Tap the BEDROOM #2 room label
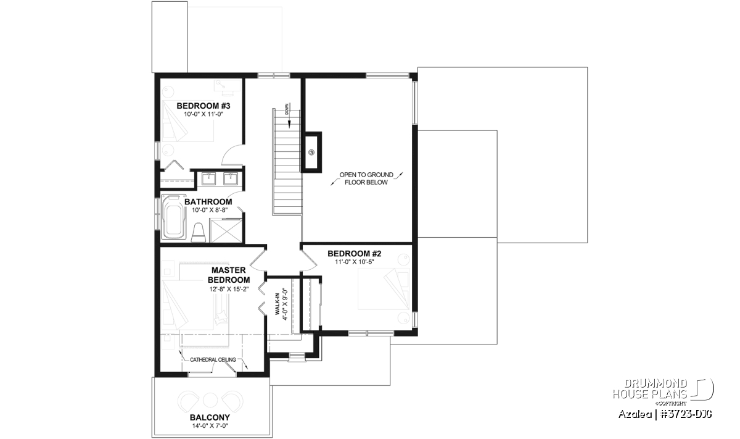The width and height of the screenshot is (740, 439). [354, 254]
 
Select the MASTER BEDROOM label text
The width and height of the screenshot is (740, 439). [229, 275]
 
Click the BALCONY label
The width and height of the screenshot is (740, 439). [210, 417]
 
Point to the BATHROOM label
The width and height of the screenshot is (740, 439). [208, 202]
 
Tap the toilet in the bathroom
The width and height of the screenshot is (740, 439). [198, 232]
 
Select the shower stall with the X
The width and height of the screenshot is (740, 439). [226, 230]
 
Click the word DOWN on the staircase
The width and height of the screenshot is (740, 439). [286, 109]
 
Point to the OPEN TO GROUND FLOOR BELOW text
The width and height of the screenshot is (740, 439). [366, 178]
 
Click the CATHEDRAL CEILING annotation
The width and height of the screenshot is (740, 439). [213, 359]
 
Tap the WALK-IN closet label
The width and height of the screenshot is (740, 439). [277, 304]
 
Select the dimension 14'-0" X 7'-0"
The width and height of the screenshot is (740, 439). [210, 426]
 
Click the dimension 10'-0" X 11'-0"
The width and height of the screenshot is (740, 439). [204, 114]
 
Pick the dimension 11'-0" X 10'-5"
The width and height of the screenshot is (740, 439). [354, 262]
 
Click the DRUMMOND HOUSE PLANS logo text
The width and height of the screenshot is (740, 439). [650, 389]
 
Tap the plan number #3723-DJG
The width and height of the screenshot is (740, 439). [686, 414]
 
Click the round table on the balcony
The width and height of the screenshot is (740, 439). [210, 400]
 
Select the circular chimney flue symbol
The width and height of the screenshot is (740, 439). [311, 153]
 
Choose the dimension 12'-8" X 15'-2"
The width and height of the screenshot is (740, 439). [229, 289]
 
